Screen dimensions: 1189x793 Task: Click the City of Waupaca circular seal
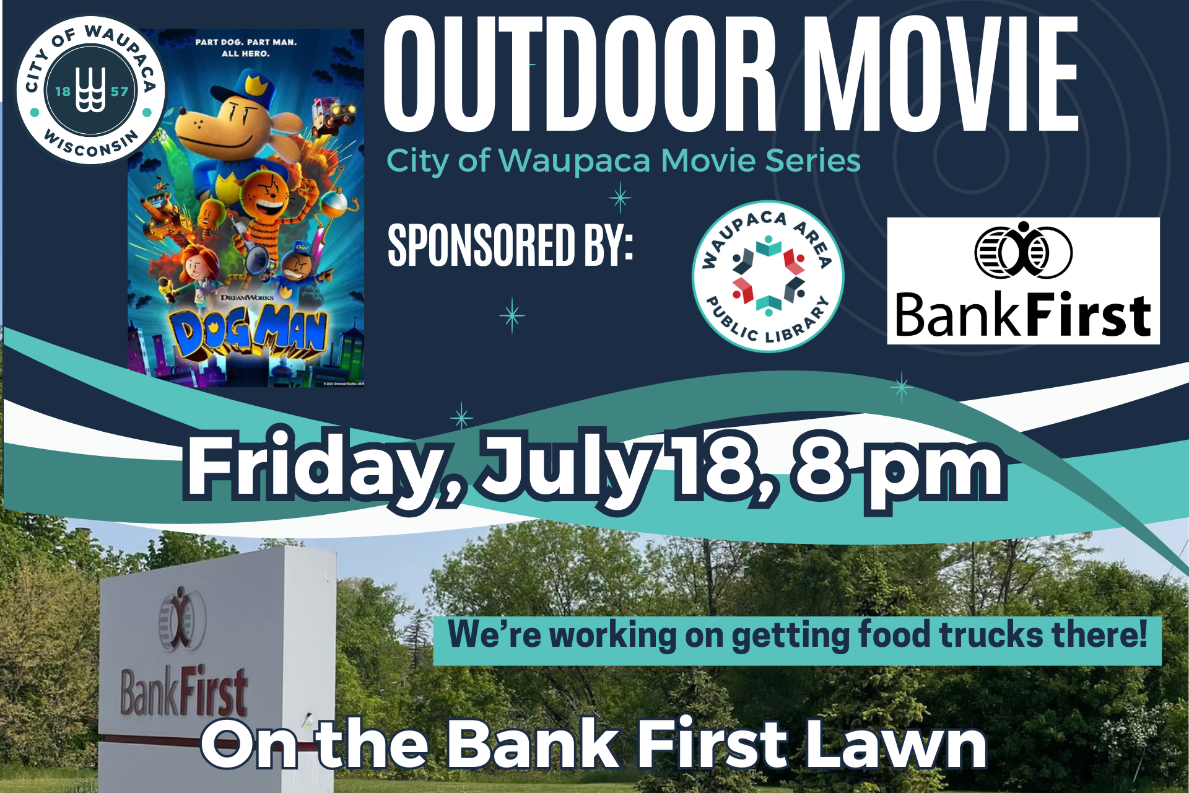coord(91,90)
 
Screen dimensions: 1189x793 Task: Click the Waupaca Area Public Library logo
coord(768,276)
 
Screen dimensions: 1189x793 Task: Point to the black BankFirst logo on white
coord(1023,281)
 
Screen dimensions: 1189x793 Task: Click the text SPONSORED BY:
coord(510,245)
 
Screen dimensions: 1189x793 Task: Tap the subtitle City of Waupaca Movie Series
coord(624,161)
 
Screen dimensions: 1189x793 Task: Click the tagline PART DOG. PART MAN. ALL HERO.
coord(246,48)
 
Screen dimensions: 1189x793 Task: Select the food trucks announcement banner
coord(797,640)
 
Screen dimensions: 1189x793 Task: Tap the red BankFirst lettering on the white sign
coord(184,692)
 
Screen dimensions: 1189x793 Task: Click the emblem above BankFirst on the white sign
coord(181,618)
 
